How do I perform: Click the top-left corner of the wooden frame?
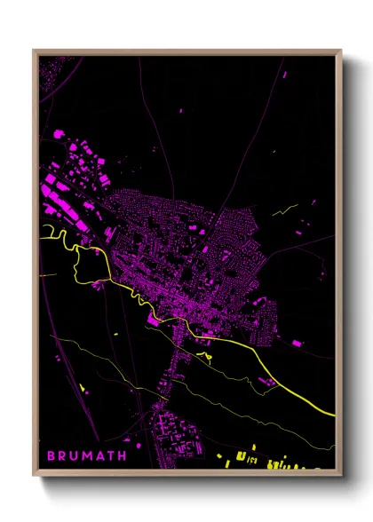34,51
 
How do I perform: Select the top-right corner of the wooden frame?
342,51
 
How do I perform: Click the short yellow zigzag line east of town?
286,210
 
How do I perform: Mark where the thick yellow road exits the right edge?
334,414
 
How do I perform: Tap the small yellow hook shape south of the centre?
206,356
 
